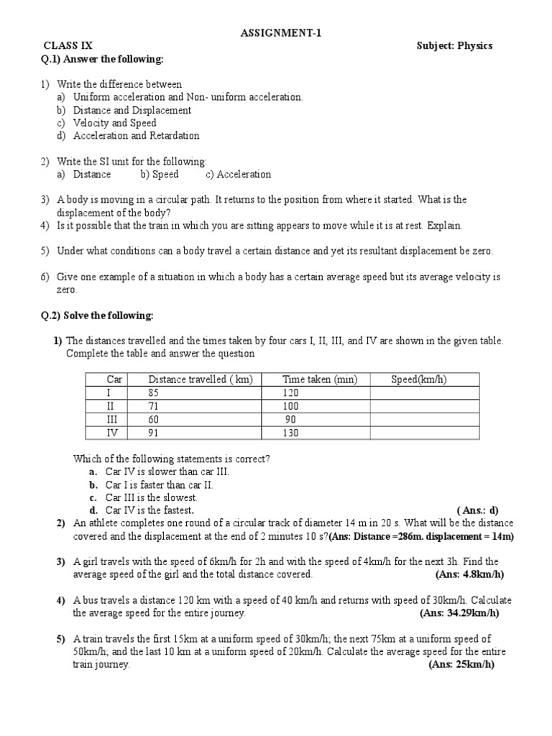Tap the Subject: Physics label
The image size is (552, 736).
click(454, 46)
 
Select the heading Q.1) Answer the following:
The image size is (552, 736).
click(102, 59)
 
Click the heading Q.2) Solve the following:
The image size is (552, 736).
click(97, 316)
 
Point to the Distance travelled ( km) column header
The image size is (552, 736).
click(200, 379)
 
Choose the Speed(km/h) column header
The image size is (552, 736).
click(418, 379)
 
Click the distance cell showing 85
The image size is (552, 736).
click(153, 393)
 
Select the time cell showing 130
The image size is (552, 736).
click(290, 433)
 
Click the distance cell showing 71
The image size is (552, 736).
click(153, 406)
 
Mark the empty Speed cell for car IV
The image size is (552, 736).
click(418, 433)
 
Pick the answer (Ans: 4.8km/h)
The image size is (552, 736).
click(469, 574)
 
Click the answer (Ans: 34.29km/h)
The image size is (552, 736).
click(459, 613)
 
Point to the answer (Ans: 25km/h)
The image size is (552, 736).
click(461, 665)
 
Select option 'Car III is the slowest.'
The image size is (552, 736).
click(151, 497)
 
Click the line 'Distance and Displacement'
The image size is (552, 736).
click(132, 110)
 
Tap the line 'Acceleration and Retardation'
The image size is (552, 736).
click(137, 136)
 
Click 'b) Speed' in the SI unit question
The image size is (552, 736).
click(160, 175)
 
